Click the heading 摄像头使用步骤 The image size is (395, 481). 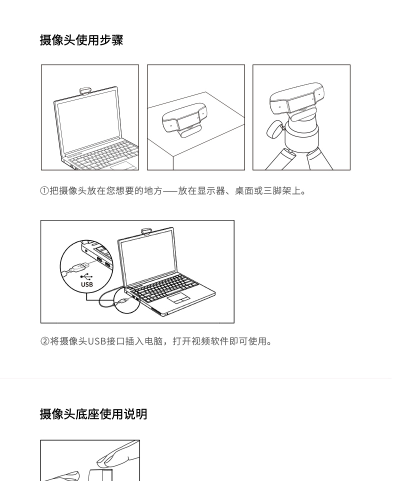pos(81,40)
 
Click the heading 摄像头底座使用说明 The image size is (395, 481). pos(93,414)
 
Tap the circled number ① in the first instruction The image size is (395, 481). pos(44,191)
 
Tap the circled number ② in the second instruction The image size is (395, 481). pos(45,341)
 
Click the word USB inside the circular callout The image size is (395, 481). pos(87,284)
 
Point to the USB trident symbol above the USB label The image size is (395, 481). pos(87,276)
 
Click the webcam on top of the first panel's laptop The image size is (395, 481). pos(85,91)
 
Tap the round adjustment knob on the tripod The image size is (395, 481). pos(274,129)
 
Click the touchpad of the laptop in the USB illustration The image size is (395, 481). pos(178,298)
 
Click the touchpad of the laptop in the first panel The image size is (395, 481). pos(123,165)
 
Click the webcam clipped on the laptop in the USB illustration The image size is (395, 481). pos(146,231)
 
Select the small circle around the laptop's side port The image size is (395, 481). pos(127,300)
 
